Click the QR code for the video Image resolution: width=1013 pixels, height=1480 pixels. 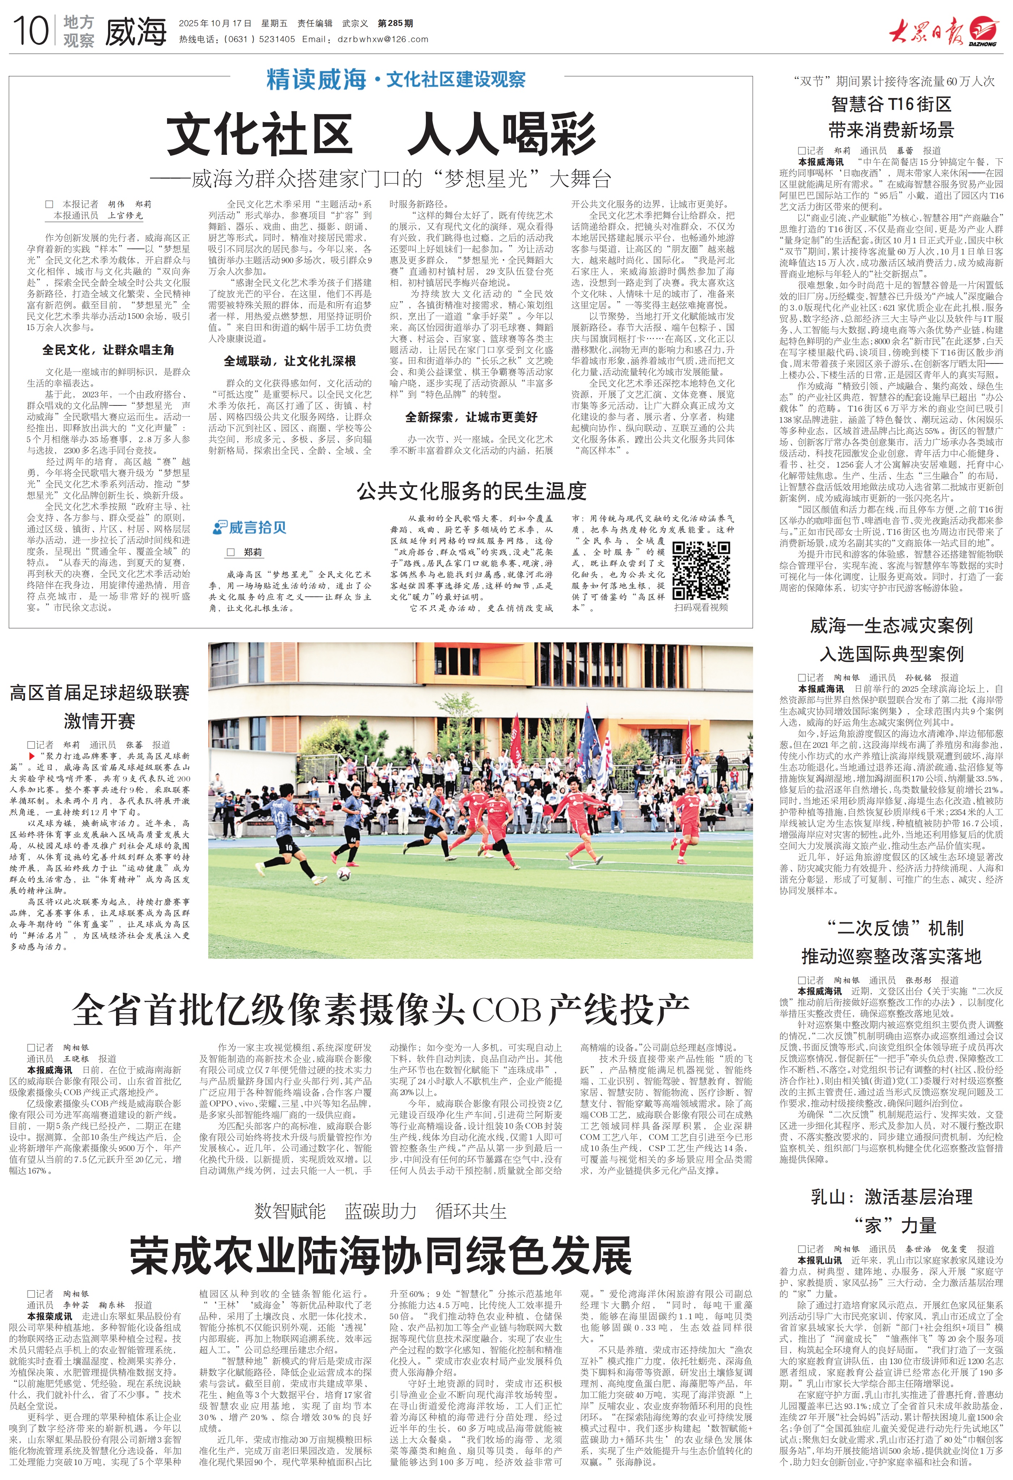point(701,569)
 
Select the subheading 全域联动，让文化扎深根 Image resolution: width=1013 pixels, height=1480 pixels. point(289,361)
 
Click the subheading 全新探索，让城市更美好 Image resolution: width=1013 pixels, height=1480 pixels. point(471,417)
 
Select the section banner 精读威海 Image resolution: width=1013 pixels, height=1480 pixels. point(316,80)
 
